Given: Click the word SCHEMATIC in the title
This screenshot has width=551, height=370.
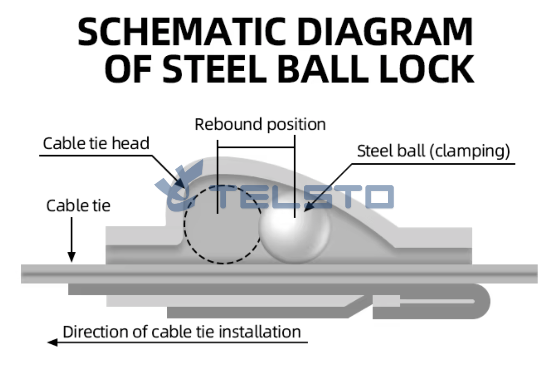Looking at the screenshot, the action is [x=182, y=32].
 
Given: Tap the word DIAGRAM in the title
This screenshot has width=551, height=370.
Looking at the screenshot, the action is [x=385, y=32].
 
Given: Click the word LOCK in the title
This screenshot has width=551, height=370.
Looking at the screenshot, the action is [x=427, y=69].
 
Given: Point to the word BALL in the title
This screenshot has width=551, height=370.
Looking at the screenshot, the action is [x=323, y=69].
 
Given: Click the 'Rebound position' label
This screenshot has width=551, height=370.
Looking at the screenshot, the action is [x=260, y=125].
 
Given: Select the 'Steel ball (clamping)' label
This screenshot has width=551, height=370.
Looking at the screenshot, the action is [x=434, y=151].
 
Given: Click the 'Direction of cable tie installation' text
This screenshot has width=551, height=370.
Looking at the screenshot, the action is [x=182, y=332].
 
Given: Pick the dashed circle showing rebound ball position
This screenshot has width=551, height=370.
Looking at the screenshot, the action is [x=185, y=225].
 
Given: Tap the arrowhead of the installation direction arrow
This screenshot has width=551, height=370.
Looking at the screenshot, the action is [x=52, y=342].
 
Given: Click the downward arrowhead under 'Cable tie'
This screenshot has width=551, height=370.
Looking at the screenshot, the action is [x=72, y=257].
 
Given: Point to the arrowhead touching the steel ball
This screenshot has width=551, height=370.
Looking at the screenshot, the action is [x=308, y=207].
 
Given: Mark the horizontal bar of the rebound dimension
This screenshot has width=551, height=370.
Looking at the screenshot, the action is [x=256, y=147].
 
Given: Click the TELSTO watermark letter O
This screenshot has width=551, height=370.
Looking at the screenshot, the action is [x=379, y=197].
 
